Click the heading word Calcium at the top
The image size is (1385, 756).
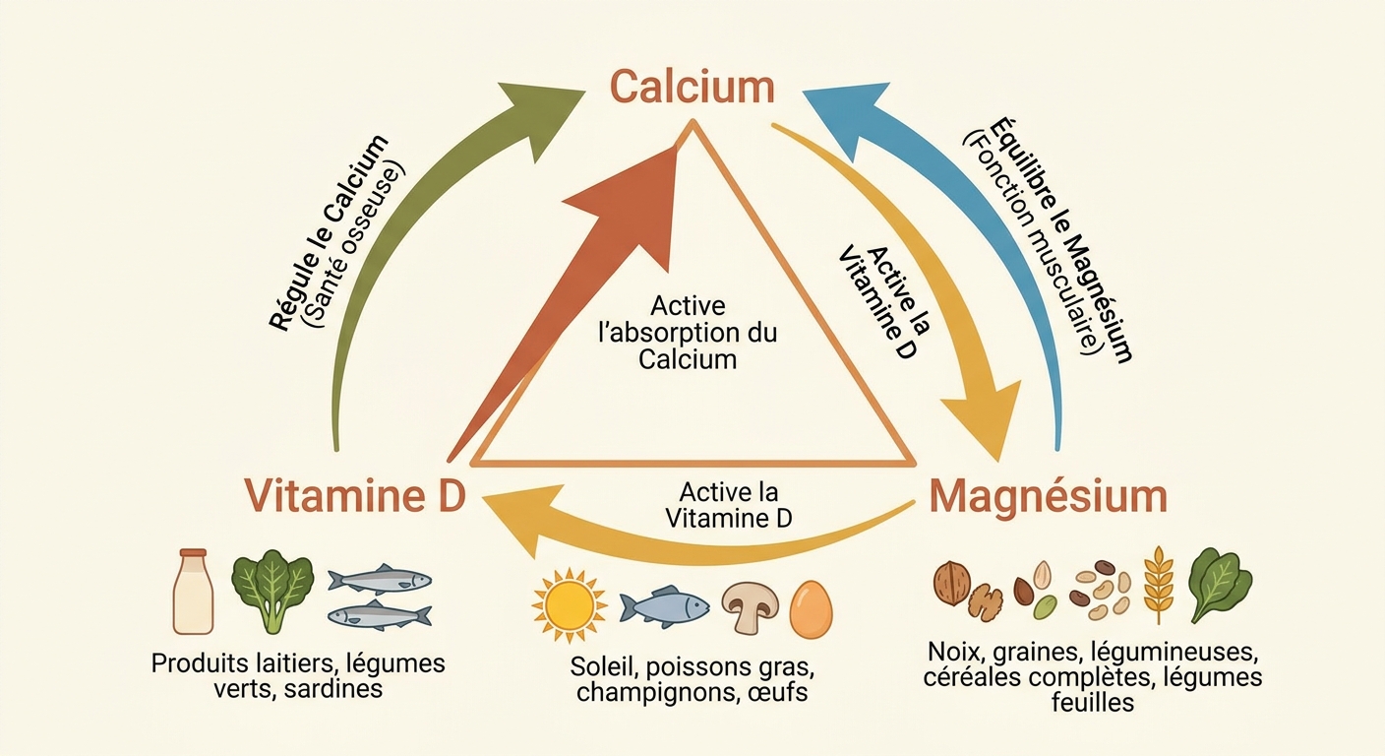(x=692, y=87)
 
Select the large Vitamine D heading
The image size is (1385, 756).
(x=354, y=495)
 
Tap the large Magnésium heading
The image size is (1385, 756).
(x=1049, y=496)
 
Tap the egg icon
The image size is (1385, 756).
(x=811, y=608)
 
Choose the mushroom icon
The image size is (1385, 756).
(x=750, y=606)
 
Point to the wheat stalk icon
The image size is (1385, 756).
(x=1159, y=585)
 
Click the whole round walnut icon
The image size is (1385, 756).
(x=951, y=582)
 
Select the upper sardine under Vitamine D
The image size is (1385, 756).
(x=378, y=579)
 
